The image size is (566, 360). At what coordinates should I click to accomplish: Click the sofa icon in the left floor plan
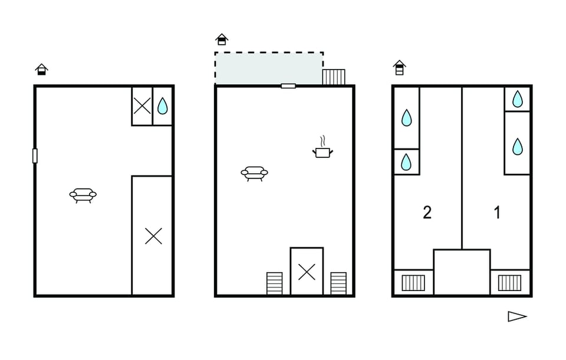pos(83,195)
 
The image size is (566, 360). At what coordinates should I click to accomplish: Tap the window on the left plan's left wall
pos(35,156)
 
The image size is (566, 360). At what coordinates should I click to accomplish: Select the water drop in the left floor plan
pos(163,106)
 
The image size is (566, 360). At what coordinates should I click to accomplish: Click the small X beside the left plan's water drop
pos(142,106)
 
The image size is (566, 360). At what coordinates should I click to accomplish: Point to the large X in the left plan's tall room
pos(153,236)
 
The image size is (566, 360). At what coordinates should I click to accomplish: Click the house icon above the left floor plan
pos(41,70)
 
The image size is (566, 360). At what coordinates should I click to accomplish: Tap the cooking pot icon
pos(323,147)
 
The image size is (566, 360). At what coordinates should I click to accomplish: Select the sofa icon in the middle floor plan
pos(255,173)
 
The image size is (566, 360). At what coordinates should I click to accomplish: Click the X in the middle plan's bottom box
pos(307,272)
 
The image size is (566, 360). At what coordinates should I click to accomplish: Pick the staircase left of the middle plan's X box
pos(274,283)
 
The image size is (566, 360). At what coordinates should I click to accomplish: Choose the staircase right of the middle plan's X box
pos(338,283)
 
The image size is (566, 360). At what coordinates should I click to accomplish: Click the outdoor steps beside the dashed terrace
pos(334,77)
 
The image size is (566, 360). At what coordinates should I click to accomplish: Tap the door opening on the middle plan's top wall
pos(288,86)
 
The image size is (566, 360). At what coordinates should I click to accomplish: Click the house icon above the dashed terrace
pos(222,39)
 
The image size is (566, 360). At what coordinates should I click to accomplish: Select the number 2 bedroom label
pos(427,213)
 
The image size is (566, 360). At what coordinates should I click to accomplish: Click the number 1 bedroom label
pos(497,213)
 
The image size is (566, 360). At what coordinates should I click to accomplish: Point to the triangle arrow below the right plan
pos(517,316)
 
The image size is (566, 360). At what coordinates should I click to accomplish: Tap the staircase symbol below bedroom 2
pos(413,283)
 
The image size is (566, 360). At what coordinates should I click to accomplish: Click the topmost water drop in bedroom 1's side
pos(518,99)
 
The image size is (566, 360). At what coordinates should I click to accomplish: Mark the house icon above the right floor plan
pos(400,68)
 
